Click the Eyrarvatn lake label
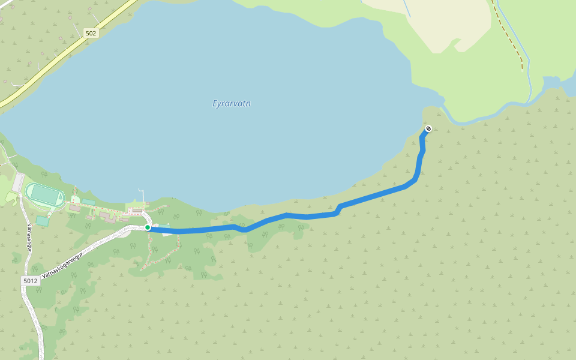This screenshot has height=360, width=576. (x=232, y=103)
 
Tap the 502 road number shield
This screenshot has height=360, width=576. (x=91, y=33)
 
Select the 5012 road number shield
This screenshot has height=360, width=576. (x=30, y=280)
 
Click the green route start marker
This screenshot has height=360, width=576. (x=148, y=227)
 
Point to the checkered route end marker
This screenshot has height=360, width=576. (x=428, y=128)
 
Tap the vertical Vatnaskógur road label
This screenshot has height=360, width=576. (x=29, y=237)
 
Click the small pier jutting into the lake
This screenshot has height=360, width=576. (x=142, y=196)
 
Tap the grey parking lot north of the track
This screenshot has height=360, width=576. (x=18, y=181)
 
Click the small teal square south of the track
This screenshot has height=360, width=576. (x=42, y=221)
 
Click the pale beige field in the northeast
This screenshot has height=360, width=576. (x=444, y=24)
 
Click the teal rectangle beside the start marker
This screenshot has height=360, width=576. (x=166, y=226)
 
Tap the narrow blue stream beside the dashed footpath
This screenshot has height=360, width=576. (x=528, y=72)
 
